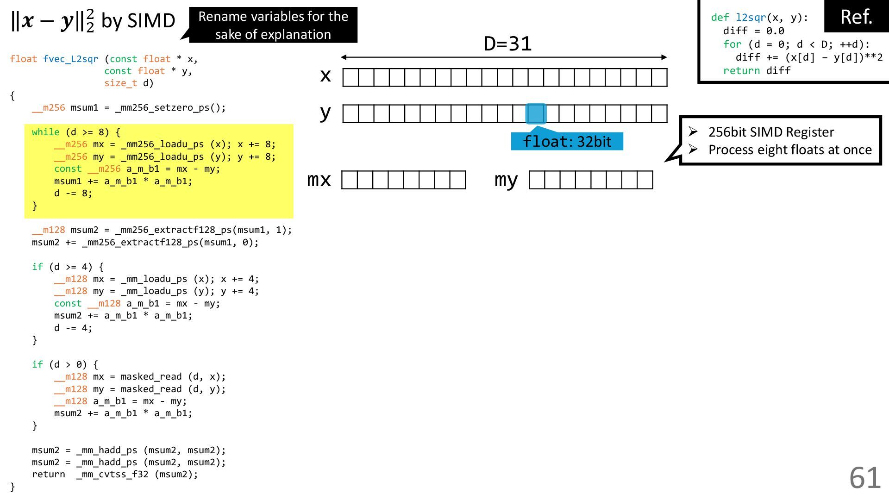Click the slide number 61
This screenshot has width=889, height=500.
[x=864, y=477]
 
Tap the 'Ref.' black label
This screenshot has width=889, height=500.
[x=856, y=17]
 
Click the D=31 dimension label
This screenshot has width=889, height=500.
[x=507, y=44]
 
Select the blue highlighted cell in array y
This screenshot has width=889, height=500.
[x=536, y=113]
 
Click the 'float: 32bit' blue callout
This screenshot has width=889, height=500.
[x=567, y=142]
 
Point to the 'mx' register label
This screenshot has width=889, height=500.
[x=319, y=180]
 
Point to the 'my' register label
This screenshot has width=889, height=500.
[x=506, y=180]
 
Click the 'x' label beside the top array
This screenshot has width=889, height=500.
[x=326, y=75]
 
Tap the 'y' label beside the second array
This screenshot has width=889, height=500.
[x=326, y=112]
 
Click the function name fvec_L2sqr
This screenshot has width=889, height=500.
[x=70, y=59]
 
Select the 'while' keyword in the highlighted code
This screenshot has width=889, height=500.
[x=45, y=132]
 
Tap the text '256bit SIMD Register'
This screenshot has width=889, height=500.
[x=771, y=132]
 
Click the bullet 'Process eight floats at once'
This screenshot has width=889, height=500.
[x=790, y=150]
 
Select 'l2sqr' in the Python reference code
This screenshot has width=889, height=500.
[x=751, y=18]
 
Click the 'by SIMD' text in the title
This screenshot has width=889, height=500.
[x=138, y=21]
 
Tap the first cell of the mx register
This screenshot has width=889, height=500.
[x=350, y=180]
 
